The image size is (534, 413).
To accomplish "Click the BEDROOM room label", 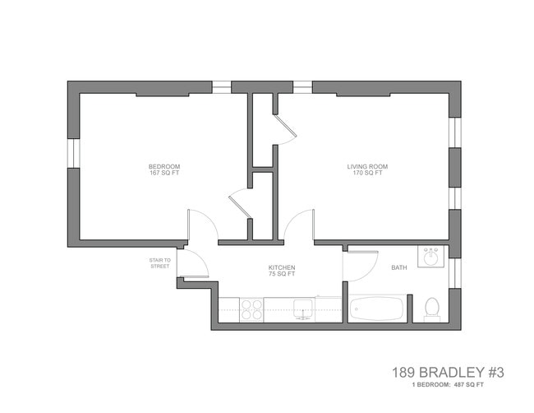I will [x=159, y=166].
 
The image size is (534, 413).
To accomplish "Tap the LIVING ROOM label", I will [x=366, y=166].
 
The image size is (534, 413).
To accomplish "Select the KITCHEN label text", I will [x=282, y=268].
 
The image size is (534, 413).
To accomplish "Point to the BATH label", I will [x=398, y=267].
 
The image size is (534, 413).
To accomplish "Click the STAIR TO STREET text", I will [x=159, y=263].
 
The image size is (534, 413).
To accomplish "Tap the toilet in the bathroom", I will [x=431, y=309].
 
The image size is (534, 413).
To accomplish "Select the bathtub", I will [x=377, y=310].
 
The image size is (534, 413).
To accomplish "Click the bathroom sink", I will [x=430, y=257].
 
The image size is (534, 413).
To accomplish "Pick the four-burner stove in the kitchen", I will [x=251, y=310].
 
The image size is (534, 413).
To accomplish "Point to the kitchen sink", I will [x=305, y=310].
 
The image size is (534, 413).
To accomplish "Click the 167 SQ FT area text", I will [x=159, y=173].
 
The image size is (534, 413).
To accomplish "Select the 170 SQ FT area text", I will [x=366, y=173].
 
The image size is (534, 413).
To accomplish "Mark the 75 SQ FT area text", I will [x=282, y=275].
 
